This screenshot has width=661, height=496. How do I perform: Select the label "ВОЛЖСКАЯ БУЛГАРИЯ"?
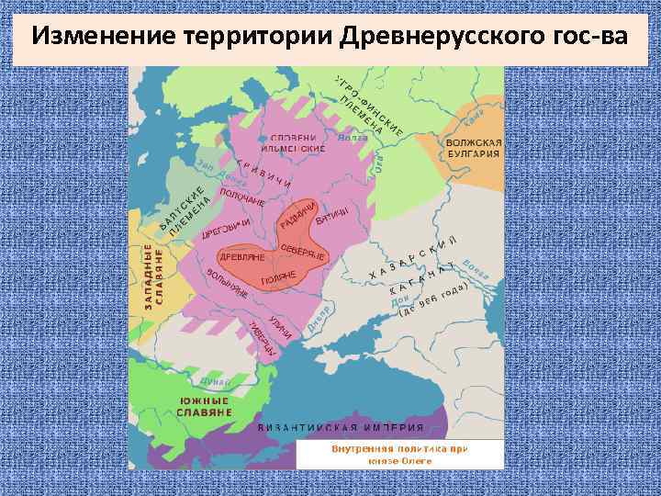[473, 149]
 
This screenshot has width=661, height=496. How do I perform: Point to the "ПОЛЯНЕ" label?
[277, 276]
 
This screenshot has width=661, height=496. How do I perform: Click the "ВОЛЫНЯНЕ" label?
[227, 284]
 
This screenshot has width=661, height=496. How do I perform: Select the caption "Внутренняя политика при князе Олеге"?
[399, 455]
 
